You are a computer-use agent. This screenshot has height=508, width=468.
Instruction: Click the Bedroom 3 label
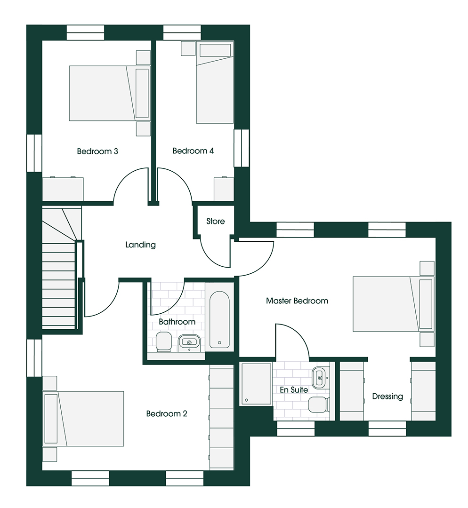point(97,151)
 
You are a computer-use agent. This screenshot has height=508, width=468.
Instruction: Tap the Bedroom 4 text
point(193,151)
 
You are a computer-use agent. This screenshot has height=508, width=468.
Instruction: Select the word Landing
point(140,245)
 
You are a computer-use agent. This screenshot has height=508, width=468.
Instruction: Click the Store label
point(216,222)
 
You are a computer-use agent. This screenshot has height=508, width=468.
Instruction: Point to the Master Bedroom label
point(297,301)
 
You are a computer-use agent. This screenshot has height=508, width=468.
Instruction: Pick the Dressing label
point(387,397)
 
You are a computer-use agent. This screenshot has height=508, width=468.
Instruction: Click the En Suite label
point(294,390)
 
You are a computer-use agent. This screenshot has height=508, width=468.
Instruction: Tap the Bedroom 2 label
point(167,414)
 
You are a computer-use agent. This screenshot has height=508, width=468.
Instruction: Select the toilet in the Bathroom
point(164,342)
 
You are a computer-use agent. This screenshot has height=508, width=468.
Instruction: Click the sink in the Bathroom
point(190,342)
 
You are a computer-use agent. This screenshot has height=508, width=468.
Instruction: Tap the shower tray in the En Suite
point(256,384)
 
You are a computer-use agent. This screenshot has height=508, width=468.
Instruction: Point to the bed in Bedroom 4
point(215,89)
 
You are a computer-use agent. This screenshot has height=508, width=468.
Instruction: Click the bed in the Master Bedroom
point(392,304)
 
